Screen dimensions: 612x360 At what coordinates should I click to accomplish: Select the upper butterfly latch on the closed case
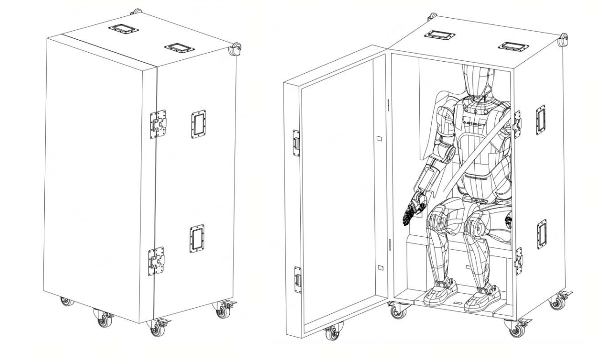tap(158, 124)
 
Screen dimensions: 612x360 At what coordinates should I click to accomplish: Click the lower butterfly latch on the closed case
tap(156, 261)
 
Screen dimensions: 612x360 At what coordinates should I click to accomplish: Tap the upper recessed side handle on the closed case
tap(198, 124)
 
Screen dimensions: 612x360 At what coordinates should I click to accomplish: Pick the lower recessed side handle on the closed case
tap(197, 239)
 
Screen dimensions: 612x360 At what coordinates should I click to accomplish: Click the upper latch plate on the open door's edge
tap(296, 143)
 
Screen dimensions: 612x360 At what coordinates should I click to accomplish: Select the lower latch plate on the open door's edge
tap(297, 280)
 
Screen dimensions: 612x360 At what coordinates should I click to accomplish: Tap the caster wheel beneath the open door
tap(333, 332)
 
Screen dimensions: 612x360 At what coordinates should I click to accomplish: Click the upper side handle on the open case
tap(541, 120)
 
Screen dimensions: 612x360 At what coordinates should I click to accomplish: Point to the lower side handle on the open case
tap(542, 234)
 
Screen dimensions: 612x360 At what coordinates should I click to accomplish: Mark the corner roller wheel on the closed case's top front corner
tap(235, 49)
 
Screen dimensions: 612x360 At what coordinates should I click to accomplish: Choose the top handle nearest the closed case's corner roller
tap(179, 48)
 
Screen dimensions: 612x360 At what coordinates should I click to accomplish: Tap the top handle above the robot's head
tap(440, 35)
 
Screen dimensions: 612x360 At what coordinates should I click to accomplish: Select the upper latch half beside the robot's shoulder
tap(517, 124)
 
